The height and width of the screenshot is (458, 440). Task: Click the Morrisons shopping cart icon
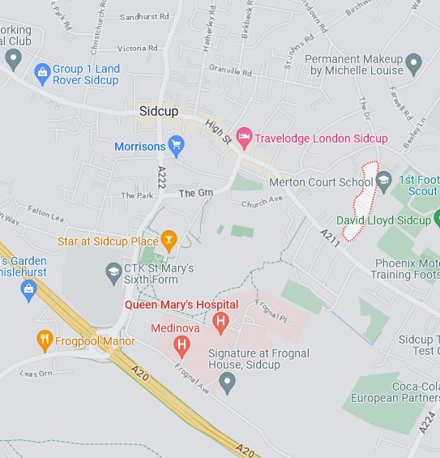[177, 147]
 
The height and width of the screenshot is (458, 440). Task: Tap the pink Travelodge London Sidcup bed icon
[243, 138]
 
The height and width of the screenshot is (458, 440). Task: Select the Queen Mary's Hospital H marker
[220, 322]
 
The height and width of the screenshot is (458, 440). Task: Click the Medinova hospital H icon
[182, 347]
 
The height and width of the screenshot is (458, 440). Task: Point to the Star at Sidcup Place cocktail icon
[169, 240]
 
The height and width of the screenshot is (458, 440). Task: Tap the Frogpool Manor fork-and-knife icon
[45, 341]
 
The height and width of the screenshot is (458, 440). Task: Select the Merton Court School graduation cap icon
[384, 181]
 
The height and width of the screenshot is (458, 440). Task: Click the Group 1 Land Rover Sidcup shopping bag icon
[42, 74]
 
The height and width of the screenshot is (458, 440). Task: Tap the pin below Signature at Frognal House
[228, 381]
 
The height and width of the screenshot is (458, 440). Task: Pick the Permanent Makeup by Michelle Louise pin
[414, 63]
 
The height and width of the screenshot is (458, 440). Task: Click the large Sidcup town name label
[159, 111]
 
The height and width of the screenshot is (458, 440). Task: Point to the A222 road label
[161, 179]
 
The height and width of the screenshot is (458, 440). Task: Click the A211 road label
[330, 237]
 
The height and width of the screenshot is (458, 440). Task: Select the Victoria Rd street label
[137, 49]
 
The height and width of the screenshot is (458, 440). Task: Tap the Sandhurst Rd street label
[144, 16]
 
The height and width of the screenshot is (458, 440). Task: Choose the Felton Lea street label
[45, 217]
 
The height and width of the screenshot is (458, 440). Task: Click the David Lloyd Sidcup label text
[384, 220]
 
